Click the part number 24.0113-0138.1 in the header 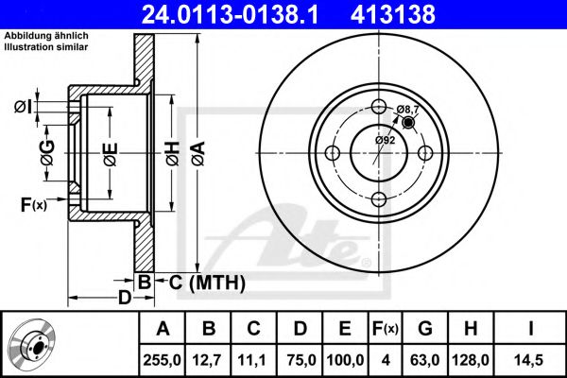pos(230,14)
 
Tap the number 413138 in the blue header pos(393,14)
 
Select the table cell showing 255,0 pos(162,360)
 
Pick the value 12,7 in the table pos(208,360)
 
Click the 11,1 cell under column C pos(252,360)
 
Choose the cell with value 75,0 pos(301,360)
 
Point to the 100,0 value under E pos(345,360)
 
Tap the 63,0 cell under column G pos(425,360)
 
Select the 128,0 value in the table pos(471,360)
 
